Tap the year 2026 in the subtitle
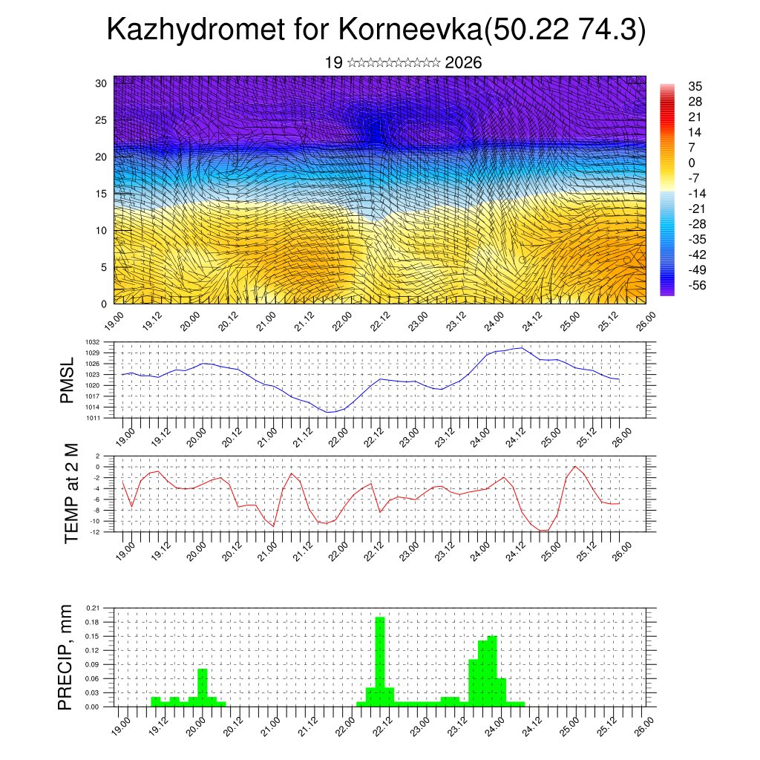click(x=463, y=63)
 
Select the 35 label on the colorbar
click(x=695, y=86)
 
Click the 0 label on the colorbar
click(x=692, y=163)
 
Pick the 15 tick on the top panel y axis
click(x=102, y=194)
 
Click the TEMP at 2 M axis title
click(x=71, y=494)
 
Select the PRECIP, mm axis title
click(x=67, y=657)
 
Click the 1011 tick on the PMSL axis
click(x=103, y=418)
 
